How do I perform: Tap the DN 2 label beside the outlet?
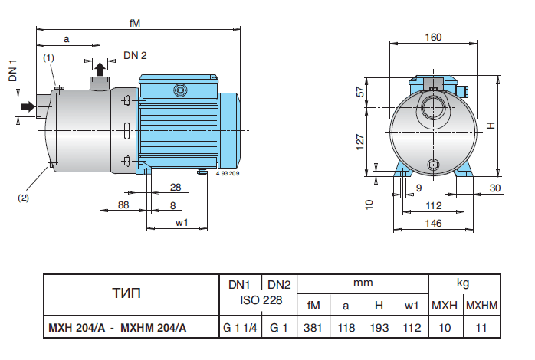[x=136, y=55]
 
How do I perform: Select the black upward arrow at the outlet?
[x=100, y=69]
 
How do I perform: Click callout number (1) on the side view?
[x=48, y=57]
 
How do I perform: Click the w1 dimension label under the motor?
[x=182, y=223]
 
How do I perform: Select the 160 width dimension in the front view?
[x=435, y=37]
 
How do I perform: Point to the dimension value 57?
[x=359, y=92]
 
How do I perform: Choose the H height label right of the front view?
[x=492, y=126]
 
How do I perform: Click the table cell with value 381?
[x=313, y=328]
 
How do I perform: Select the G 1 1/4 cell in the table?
[x=241, y=328]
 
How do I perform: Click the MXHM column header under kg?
[x=482, y=306]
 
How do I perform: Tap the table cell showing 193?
[x=379, y=328]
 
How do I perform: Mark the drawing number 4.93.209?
[x=229, y=175]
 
